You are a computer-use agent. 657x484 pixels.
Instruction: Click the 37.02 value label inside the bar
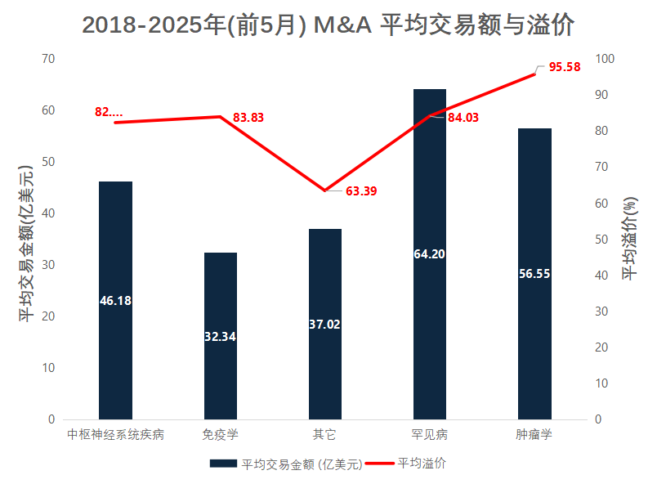324,325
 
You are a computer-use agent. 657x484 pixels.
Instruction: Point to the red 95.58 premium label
565,67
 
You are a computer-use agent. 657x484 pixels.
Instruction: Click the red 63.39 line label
361,191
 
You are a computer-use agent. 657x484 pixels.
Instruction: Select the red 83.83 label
248,118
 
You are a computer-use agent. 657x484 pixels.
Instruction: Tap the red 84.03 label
463,118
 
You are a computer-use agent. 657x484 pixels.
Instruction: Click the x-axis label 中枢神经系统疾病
115,434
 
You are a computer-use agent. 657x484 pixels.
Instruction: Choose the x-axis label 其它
324,434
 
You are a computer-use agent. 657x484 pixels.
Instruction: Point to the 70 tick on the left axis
48,59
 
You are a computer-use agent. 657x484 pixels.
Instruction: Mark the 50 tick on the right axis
602,240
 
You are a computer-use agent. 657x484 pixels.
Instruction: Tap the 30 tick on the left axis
48,265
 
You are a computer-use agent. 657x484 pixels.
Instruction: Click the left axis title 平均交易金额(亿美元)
27,243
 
